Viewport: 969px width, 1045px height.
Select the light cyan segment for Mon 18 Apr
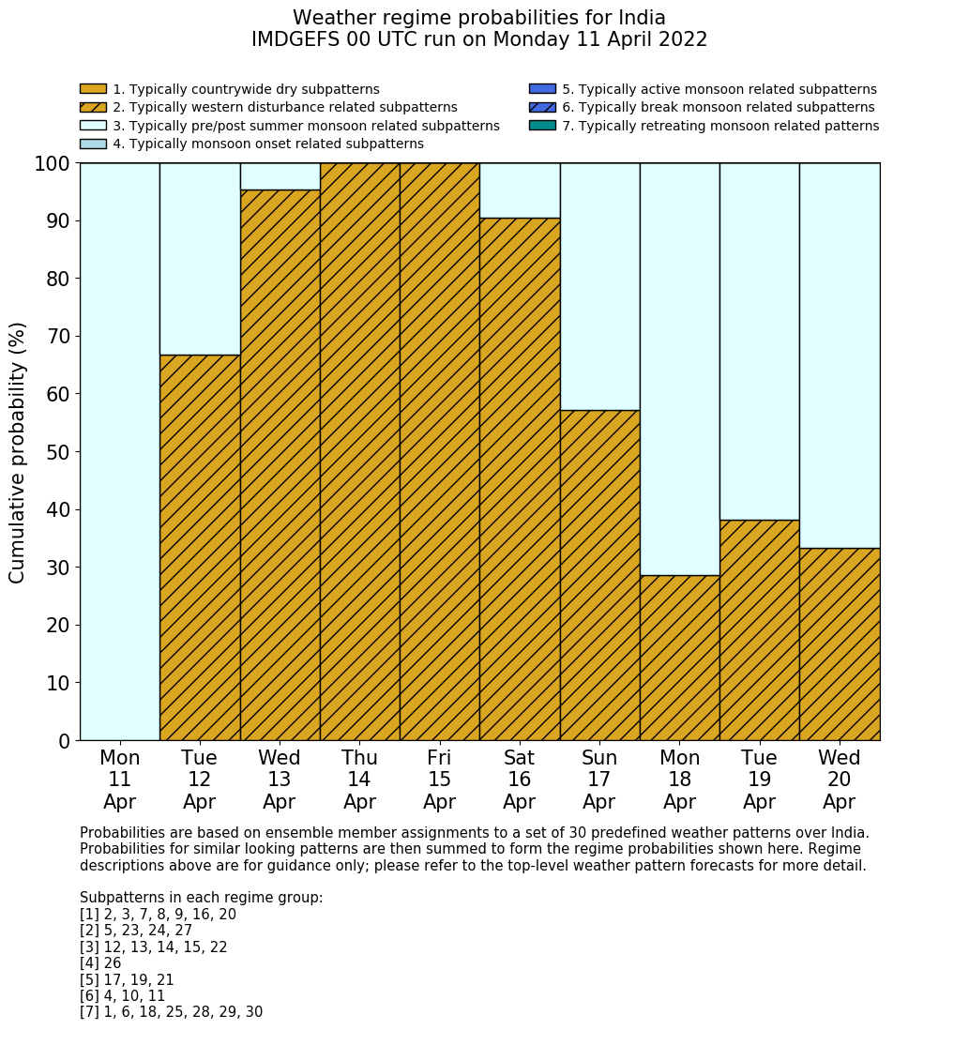(679, 369)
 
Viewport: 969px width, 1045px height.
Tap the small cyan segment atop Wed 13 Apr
(280, 176)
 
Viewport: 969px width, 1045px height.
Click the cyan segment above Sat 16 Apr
(520, 190)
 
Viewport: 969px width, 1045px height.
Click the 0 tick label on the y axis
(64, 741)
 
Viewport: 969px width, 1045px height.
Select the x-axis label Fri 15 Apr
(439, 780)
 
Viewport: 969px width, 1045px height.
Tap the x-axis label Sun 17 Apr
(599, 780)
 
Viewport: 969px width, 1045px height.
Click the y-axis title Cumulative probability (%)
(18, 452)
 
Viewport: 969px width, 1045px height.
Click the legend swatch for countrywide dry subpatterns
(93, 89)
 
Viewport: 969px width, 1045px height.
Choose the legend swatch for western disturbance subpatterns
(93, 108)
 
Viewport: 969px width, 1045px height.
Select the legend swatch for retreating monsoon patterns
(542, 126)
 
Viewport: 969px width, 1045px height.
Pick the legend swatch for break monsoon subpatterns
(542, 108)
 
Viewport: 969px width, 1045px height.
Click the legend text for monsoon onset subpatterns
(268, 144)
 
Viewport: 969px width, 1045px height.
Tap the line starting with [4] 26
(100, 963)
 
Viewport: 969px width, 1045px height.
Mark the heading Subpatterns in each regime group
(201, 898)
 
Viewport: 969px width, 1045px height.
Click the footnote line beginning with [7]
(171, 1012)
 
